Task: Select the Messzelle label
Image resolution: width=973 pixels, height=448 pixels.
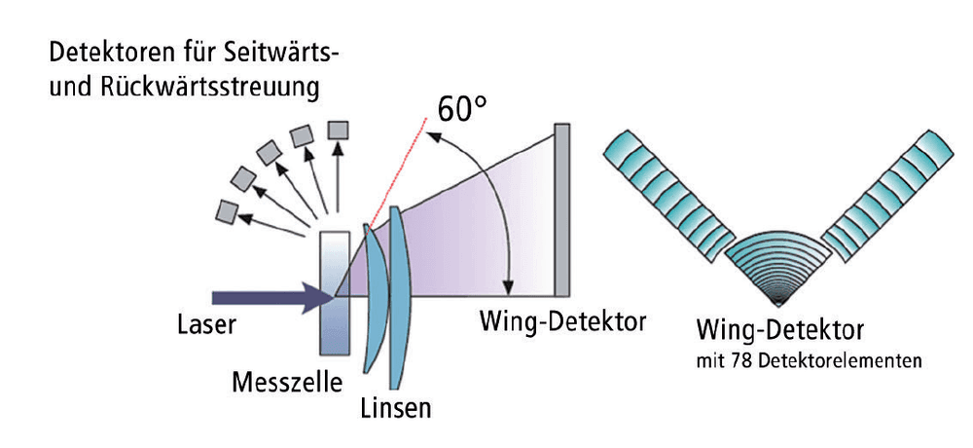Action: pyautogui.click(x=287, y=382)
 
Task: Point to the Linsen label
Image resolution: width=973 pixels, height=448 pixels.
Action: pyautogui.click(x=396, y=408)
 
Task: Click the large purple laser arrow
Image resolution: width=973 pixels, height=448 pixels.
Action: pyautogui.click(x=273, y=298)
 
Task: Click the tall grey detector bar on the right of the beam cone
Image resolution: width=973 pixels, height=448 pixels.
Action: pyautogui.click(x=562, y=210)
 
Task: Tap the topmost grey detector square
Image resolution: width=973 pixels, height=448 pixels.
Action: pyautogui.click(x=339, y=130)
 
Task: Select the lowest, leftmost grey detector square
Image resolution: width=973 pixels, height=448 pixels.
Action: pyautogui.click(x=226, y=211)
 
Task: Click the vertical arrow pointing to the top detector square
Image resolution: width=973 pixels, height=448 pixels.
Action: pyautogui.click(x=338, y=177)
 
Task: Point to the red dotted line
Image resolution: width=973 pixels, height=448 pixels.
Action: pyautogui.click(x=397, y=172)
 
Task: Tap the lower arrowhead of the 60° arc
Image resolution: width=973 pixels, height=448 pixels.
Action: pyautogui.click(x=508, y=287)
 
